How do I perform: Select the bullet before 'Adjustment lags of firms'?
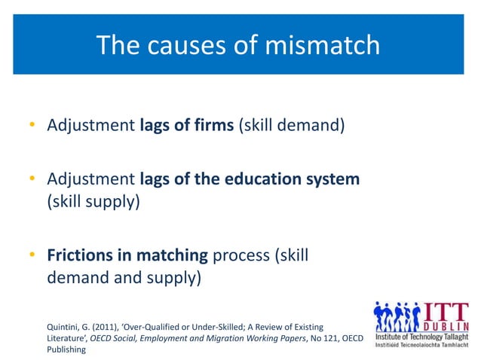33,124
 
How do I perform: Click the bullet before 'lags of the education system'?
33,180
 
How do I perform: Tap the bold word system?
335,180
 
